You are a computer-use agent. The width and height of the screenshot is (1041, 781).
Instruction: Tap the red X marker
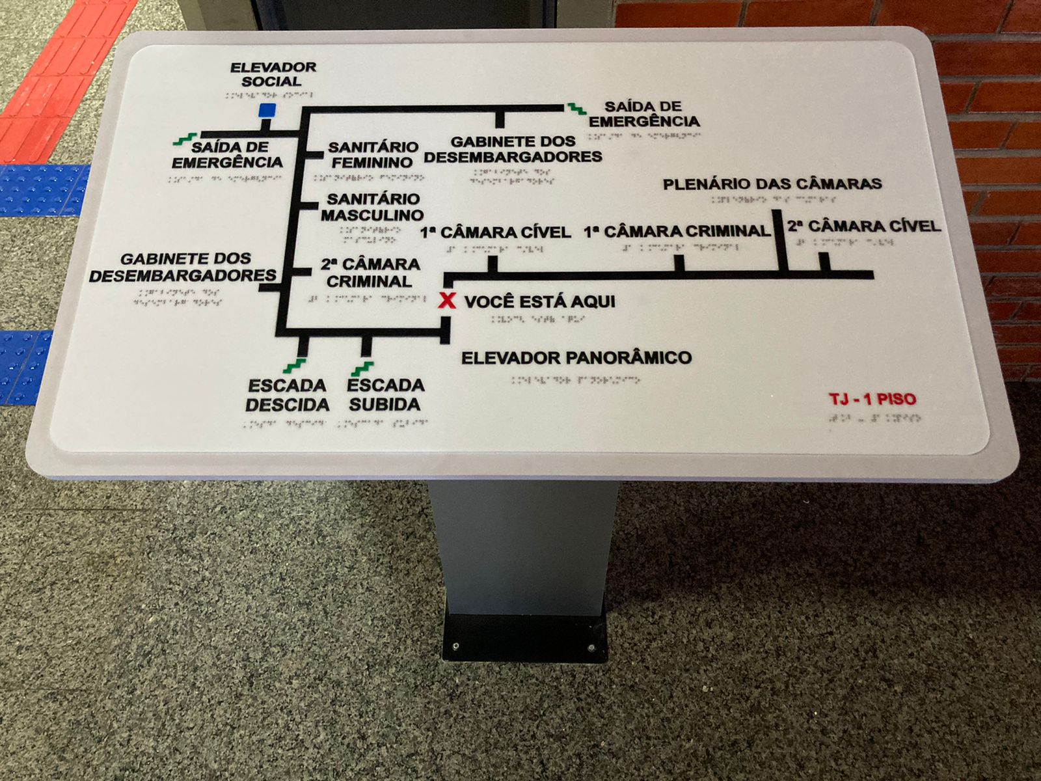point(447,301)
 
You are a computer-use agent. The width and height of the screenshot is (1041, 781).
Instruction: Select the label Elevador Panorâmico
point(576,357)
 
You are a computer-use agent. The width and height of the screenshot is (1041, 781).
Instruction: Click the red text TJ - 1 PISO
point(872,399)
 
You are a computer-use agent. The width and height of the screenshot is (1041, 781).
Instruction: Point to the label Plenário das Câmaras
point(772,184)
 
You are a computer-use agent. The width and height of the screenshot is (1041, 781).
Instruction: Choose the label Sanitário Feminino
point(372,155)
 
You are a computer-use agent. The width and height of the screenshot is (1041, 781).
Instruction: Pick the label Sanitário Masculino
point(372,207)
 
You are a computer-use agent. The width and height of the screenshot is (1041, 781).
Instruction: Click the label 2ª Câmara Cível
point(864,226)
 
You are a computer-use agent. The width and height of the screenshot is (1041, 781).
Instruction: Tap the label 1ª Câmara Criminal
point(677,231)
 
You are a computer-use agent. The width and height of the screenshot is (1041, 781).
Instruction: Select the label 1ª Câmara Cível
point(496,232)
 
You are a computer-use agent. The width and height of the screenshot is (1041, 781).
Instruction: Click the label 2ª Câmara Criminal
point(370,273)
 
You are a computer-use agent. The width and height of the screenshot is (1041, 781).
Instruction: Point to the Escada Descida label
point(287,395)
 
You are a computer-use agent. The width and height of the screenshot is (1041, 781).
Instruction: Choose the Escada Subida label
point(385,394)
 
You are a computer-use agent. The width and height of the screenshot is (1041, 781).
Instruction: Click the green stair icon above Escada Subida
point(362,368)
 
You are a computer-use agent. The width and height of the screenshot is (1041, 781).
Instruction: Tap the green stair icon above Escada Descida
point(295,366)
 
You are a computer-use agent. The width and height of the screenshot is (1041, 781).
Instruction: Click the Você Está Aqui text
point(539,301)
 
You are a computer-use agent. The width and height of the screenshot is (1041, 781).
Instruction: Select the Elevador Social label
point(273,74)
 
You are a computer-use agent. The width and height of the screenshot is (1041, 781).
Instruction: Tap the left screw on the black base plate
point(455,646)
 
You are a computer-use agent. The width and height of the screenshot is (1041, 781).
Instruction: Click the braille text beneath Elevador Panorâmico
point(575,379)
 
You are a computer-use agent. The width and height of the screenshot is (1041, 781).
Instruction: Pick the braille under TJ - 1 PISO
point(874,418)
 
